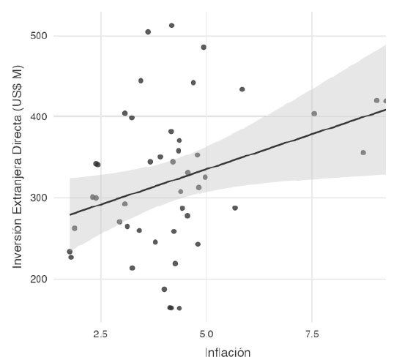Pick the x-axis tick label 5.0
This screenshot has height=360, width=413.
tap(206, 334)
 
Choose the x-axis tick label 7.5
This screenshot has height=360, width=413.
tap(312, 334)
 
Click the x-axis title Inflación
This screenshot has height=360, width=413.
tap(227, 353)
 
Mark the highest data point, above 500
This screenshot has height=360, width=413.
tap(171, 26)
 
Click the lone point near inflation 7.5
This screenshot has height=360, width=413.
tap(314, 113)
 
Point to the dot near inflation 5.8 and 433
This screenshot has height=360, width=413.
tap(242, 89)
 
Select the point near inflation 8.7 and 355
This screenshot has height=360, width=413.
tap(363, 152)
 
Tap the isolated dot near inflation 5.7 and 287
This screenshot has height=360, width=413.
tap(235, 208)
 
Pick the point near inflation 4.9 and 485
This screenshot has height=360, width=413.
tap(204, 47)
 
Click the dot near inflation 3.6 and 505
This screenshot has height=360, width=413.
tap(148, 32)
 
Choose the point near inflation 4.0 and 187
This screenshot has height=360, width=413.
tap(164, 289)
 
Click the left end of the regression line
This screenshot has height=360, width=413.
tap(70, 214)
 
